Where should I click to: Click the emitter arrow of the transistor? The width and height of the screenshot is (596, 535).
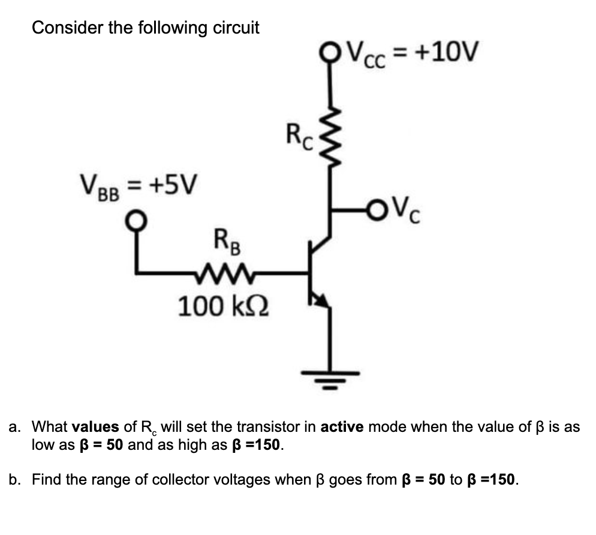322,300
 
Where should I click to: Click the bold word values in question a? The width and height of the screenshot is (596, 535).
95,427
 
